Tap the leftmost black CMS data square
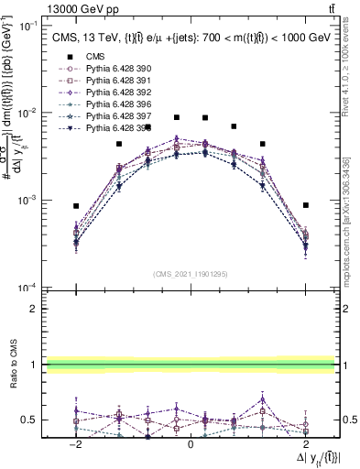click(x=77, y=206)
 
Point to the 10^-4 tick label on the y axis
click(x=28, y=287)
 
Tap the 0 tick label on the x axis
click(x=191, y=443)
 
